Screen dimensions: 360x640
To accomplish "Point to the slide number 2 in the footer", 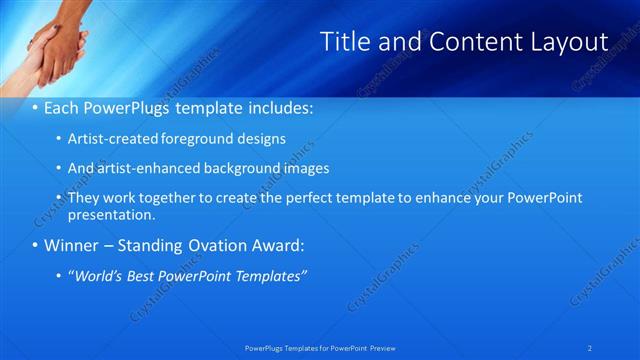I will pos(590,347).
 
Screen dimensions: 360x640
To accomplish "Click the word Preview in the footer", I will pos(382,347).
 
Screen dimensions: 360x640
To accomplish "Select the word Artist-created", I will pos(110,138).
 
